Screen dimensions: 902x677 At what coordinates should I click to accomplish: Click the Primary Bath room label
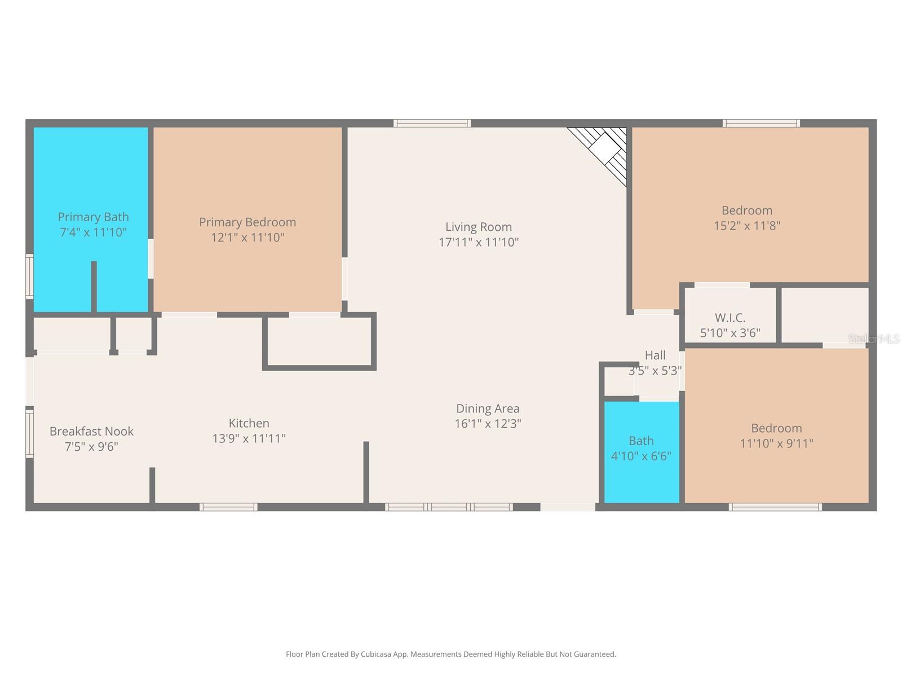tap(93, 217)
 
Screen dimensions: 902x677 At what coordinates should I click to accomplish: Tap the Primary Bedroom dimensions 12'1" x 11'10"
tap(247, 237)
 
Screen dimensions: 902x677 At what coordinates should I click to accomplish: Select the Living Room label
tap(479, 227)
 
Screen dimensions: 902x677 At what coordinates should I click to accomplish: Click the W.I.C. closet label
tap(730, 317)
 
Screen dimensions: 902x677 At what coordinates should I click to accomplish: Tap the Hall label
tap(655, 355)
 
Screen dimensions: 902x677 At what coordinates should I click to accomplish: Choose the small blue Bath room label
tap(641, 441)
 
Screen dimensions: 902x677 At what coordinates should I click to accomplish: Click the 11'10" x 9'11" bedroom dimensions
tap(777, 443)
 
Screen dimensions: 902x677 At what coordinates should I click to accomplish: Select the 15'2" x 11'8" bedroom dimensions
tap(746, 226)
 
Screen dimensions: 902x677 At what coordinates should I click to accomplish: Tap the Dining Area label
tap(488, 408)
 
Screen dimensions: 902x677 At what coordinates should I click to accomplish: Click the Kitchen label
tap(249, 423)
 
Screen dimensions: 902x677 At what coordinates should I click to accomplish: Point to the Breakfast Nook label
tap(91, 431)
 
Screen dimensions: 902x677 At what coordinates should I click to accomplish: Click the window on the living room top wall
tap(432, 123)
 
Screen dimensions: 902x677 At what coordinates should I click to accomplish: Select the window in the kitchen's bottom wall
tap(228, 507)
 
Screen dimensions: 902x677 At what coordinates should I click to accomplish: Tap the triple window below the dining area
tap(449, 507)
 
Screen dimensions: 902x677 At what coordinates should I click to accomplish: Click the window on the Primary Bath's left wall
tap(29, 276)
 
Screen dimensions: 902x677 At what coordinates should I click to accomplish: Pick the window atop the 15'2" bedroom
tap(761, 123)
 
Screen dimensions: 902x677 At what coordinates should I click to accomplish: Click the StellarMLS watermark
tap(874, 338)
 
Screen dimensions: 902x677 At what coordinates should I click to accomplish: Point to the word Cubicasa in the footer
tap(376, 654)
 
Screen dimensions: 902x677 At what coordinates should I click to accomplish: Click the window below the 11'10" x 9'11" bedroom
tap(775, 507)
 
